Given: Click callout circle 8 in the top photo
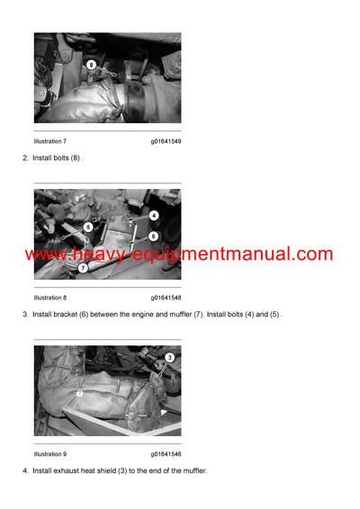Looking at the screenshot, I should (x=91, y=65).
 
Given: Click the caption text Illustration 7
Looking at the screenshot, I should (x=50, y=141).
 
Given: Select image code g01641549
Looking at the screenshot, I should (x=166, y=141).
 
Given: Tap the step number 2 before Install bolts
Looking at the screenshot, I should (x=24, y=158).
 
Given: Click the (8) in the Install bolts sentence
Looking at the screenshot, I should (x=76, y=158).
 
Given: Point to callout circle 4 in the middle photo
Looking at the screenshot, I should (x=154, y=216).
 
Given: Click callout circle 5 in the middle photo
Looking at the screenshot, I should (x=87, y=228).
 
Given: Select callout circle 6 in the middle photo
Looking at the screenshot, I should (x=154, y=236).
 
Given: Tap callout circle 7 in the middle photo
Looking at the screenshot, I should (x=83, y=267).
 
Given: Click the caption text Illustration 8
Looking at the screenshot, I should (x=50, y=297).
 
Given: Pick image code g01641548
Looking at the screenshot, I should (x=166, y=297).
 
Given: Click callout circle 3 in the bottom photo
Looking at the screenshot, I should (x=169, y=358).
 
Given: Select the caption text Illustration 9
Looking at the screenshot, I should (x=50, y=454).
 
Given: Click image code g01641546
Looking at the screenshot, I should (x=166, y=454).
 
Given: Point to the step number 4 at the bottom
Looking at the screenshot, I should (x=24, y=471).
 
